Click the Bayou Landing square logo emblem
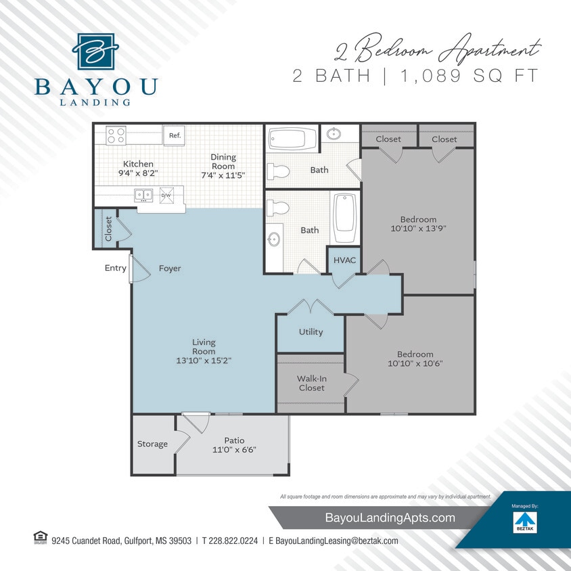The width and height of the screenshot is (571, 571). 95,51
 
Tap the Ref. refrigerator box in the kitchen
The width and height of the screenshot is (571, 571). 175,135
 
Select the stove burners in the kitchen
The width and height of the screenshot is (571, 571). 116,135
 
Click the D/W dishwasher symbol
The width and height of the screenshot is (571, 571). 166,195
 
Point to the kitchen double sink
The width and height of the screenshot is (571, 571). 143,195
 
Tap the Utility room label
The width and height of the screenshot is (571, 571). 311,332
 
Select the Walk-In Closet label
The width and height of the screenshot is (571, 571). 311,383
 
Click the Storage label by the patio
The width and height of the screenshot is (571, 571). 152,444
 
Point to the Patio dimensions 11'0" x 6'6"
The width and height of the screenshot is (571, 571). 235,449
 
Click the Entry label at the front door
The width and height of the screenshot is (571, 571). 115,268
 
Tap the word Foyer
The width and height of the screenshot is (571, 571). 170,268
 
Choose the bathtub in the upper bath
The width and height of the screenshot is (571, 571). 292,139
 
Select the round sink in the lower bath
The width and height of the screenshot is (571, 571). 274,239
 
